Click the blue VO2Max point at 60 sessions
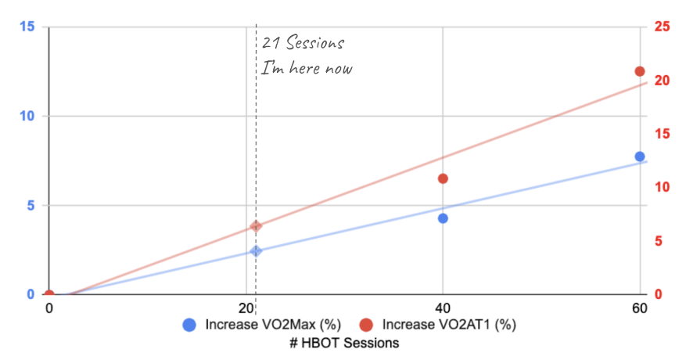click(639, 157)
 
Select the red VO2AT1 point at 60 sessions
click(639, 71)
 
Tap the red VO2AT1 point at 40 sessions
click(443, 178)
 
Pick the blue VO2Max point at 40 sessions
click(443, 218)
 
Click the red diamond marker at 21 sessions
click(256, 226)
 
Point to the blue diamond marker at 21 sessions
click(256, 251)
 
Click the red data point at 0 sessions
click(49, 295)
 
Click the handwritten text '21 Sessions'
click(303, 42)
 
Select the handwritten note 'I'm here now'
click(307, 69)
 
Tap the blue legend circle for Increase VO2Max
click(189, 324)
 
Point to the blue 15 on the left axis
click(28, 27)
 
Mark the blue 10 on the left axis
click(28, 117)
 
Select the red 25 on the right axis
click(662, 27)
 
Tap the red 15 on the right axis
click(662, 134)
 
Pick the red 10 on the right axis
click(662, 188)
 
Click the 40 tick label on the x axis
click(443, 309)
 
